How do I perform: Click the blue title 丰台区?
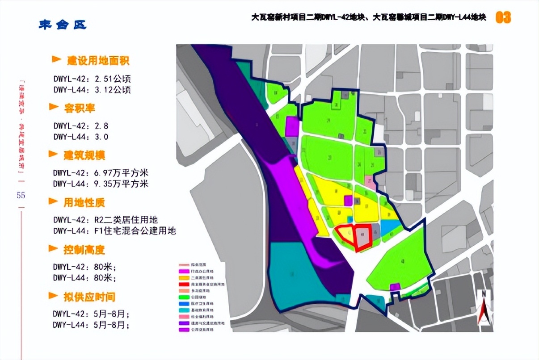(62, 24)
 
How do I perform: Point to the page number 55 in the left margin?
(21, 195)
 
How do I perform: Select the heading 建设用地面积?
(98, 60)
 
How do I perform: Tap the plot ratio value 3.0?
(101, 137)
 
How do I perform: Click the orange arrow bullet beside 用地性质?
(55, 202)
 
